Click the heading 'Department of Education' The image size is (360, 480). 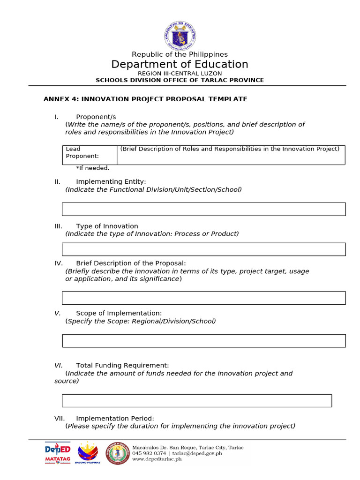[x=180, y=65]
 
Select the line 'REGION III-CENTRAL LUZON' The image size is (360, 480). [x=180, y=74]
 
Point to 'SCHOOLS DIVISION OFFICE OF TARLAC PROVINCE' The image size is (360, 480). [x=180, y=80]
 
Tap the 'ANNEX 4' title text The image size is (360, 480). [x=145, y=99]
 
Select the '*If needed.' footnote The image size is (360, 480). [x=93, y=168]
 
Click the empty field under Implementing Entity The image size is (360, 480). [x=204, y=209]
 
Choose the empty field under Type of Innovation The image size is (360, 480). [x=204, y=249]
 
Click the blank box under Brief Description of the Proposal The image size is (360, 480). [x=204, y=298]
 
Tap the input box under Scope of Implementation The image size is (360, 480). [x=204, y=341]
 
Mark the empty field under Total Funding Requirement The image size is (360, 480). [x=197, y=401]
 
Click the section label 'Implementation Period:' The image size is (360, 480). [x=115, y=419]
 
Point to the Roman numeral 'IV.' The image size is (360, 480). [x=59, y=263]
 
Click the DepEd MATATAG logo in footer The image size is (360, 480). [x=58, y=453]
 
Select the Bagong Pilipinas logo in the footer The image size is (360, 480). [x=88, y=453]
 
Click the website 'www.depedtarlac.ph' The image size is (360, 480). [x=157, y=459]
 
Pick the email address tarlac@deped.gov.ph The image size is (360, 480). [x=197, y=453]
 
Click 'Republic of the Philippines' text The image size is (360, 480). [x=180, y=55]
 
